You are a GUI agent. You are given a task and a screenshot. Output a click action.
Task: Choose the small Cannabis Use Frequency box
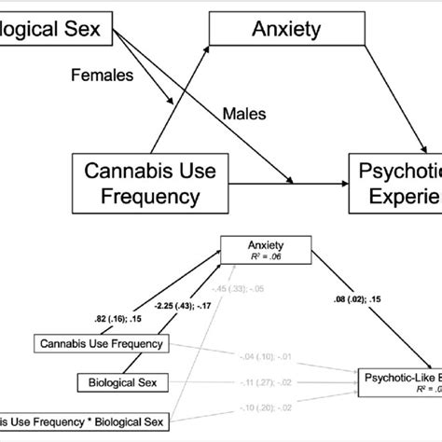(103, 345)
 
